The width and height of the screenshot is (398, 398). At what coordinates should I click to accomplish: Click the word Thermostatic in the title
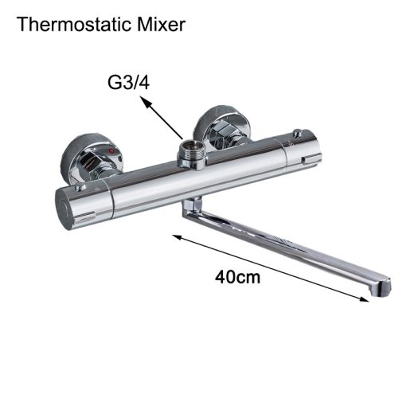tap(75, 25)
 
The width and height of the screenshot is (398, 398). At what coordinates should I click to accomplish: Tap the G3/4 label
tap(129, 83)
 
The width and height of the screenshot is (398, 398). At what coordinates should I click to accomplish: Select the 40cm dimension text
tap(237, 278)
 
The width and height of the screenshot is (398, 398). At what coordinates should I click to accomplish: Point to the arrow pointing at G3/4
tap(162, 118)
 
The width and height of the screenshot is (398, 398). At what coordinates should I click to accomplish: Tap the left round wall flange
tap(92, 157)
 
